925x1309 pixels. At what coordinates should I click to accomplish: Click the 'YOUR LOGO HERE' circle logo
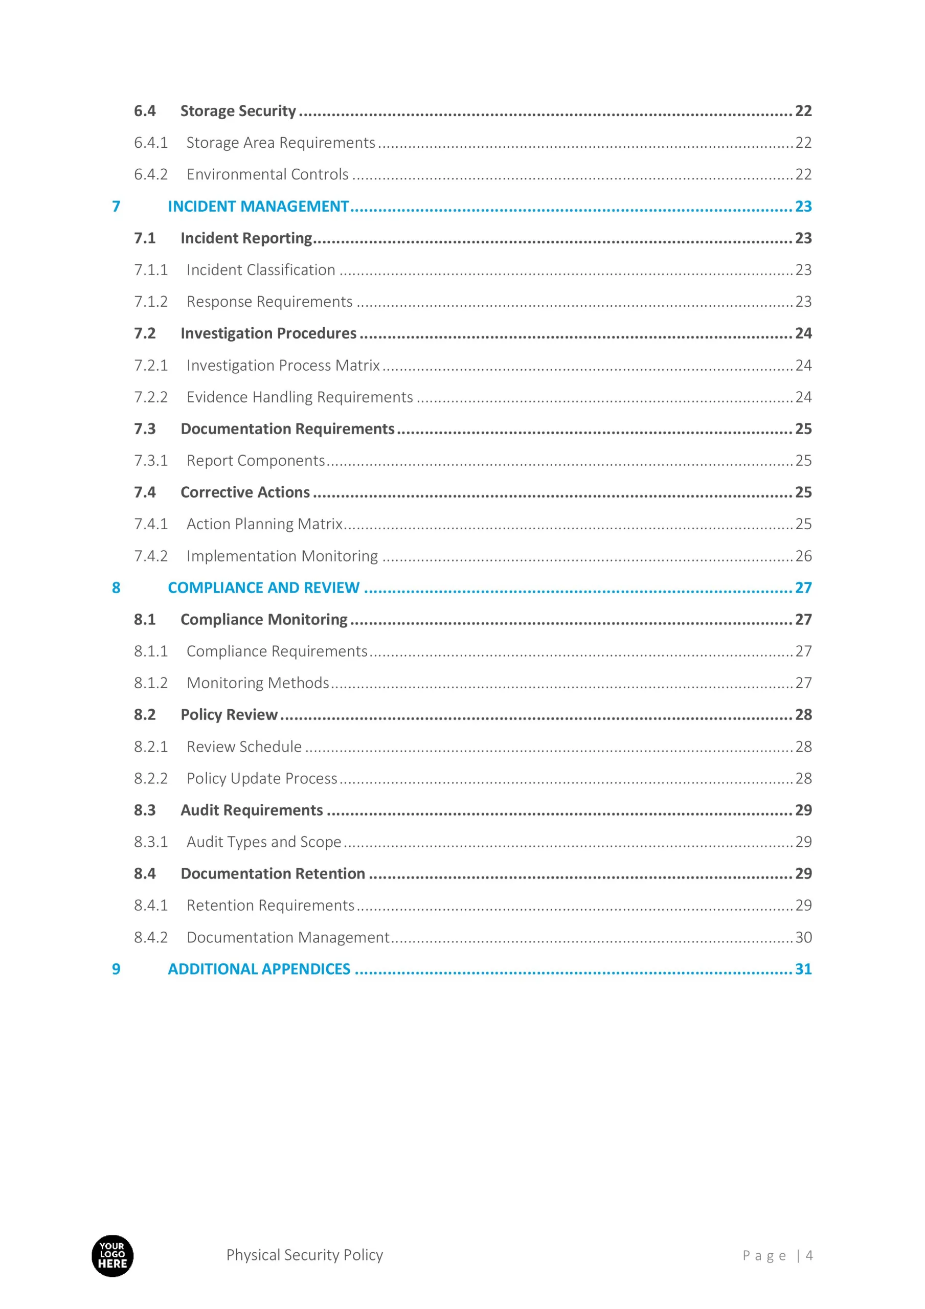[x=112, y=1255]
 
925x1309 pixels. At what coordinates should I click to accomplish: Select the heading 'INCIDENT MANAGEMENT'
[x=258, y=206]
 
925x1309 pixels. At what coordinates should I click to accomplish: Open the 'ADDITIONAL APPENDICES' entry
[x=259, y=968]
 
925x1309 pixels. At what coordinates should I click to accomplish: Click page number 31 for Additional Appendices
[x=803, y=968]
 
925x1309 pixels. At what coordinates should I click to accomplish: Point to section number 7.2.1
[x=150, y=365]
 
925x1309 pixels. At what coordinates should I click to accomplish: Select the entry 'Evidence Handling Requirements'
[x=300, y=397]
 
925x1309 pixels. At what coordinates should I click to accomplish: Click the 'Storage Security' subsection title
[x=238, y=110]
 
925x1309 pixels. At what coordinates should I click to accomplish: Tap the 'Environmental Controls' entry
[x=267, y=174]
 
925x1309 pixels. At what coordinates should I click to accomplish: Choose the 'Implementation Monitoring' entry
[x=282, y=556]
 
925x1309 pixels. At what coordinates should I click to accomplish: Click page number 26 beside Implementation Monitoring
[x=803, y=556]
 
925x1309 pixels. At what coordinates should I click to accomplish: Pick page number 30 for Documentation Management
[x=803, y=937]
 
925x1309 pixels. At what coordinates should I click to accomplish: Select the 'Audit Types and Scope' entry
[x=263, y=842]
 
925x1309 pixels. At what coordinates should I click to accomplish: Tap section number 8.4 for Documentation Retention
[x=144, y=873]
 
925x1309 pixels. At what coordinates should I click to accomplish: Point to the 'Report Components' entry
[x=255, y=460]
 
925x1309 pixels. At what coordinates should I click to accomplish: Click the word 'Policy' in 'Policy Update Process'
[x=206, y=778]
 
